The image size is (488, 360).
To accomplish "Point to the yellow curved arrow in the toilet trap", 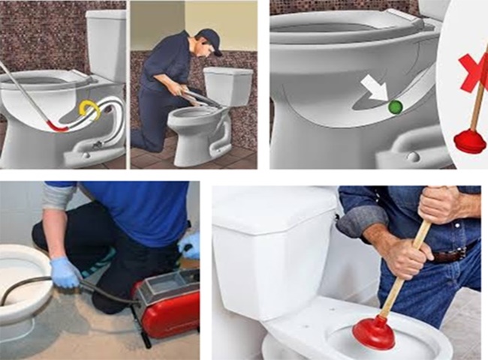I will click(x=91, y=111).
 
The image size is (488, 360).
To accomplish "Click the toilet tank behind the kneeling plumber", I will click(x=228, y=86).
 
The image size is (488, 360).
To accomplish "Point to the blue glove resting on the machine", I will click(x=190, y=244).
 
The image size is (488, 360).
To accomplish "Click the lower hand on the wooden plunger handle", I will click(x=406, y=256).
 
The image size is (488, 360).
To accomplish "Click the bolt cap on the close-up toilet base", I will click(x=412, y=156).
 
